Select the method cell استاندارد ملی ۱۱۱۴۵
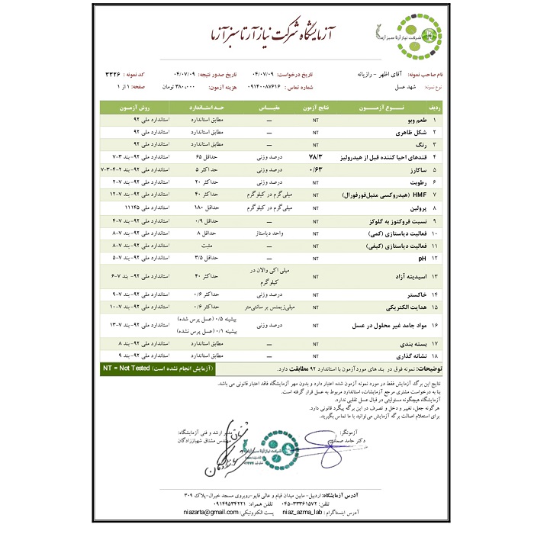click(136, 207)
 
